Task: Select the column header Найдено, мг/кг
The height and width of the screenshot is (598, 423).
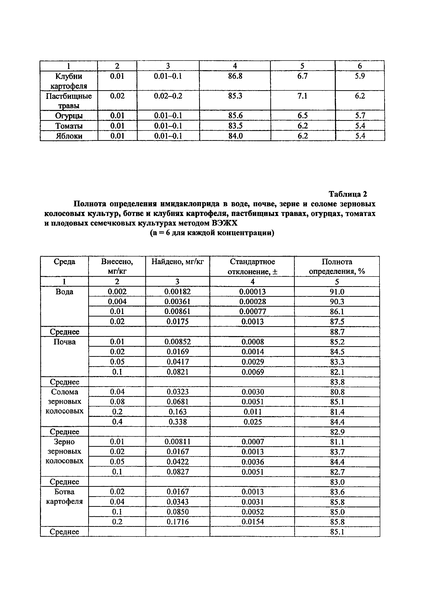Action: click(177, 261)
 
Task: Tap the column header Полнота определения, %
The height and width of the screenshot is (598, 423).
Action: click(337, 266)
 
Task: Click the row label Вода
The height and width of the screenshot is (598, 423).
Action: click(64, 292)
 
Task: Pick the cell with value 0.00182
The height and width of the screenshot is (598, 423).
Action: click(177, 292)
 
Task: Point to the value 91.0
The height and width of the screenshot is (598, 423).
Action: click(337, 292)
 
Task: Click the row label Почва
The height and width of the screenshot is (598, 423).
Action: click(64, 342)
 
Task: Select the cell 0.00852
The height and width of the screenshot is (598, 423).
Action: click(177, 342)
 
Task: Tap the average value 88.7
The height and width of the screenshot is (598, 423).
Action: click(337, 332)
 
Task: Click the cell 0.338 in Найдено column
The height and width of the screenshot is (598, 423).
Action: click(178, 422)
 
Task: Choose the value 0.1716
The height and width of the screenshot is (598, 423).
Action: click(178, 522)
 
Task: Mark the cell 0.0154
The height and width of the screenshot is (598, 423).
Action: click(253, 522)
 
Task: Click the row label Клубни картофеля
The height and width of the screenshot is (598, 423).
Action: click(69, 81)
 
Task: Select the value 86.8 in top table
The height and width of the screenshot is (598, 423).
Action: click(235, 76)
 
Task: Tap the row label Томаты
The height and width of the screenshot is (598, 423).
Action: click(69, 126)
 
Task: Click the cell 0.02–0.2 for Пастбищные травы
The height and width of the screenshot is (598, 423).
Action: click(168, 96)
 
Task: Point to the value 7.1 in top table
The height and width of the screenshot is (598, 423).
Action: click(302, 96)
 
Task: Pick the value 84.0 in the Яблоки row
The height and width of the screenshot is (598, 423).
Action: click(235, 136)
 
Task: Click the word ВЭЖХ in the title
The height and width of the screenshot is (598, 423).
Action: click(225, 223)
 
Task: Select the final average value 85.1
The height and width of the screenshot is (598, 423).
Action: click(337, 532)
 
